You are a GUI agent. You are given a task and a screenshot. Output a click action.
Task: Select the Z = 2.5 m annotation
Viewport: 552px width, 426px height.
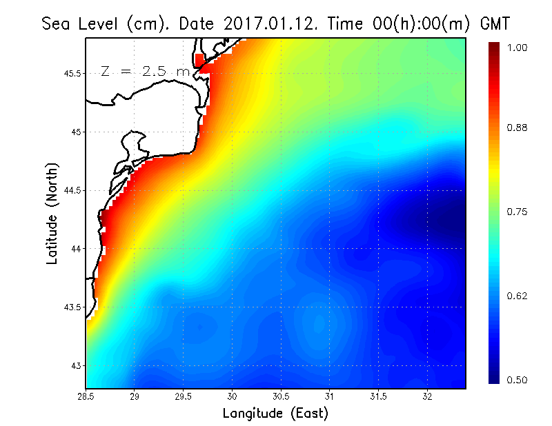[x=144, y=71]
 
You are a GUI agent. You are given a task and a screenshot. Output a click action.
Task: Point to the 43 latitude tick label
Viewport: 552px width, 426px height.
[x=77, y=365]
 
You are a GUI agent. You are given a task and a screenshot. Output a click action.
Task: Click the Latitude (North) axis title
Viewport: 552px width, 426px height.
[x=52, y=214]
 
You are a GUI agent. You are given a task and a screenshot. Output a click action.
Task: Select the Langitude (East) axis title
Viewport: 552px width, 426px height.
[x=275, y=414]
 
